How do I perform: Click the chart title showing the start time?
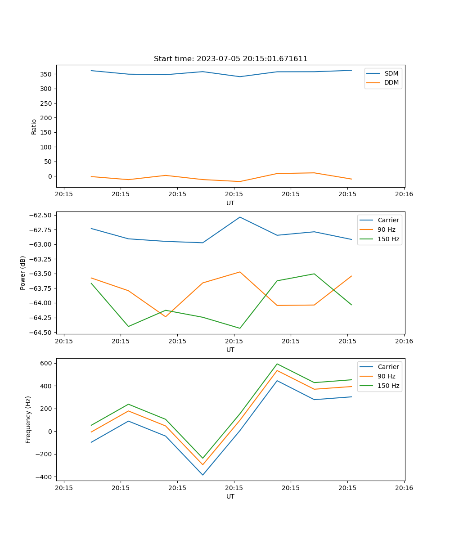[230, 59]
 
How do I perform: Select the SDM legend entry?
[391, 73]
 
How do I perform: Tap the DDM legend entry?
[391, 82]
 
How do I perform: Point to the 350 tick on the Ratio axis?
[46, 74]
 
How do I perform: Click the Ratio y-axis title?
[34, 126]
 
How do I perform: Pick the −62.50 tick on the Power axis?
[42, 215]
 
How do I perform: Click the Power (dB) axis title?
[23, 273]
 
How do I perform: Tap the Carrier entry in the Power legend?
[388, 220]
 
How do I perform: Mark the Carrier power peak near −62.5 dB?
[240, 217]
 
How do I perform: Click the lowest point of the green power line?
[240, 328]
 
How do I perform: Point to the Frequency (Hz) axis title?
[28, 419]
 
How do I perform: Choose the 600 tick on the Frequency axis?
[46, 363]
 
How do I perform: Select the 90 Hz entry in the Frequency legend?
[386, 376]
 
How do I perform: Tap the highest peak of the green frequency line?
[277, 364]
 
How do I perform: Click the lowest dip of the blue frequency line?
[202, 475]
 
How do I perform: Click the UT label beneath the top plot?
[230, 203]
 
